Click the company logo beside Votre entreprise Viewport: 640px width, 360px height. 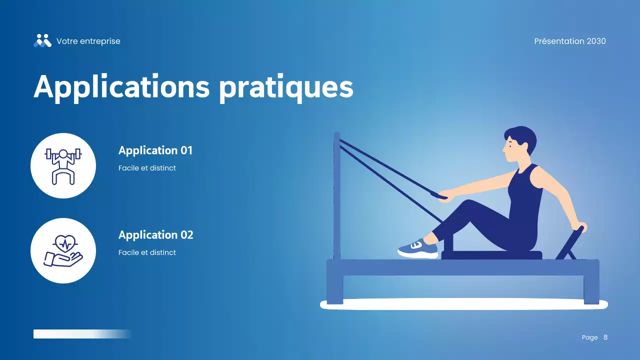[x=42, y=40]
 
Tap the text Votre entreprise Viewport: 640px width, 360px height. [x=88, y=41]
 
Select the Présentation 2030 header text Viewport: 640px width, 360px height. [x=570, y=41]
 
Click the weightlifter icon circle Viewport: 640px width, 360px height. [x=63, y=165]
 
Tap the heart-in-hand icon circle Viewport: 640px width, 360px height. [x=63, y=250]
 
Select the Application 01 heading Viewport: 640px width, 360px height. [x=155, y=150]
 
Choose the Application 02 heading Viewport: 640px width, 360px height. [x=156, y=234]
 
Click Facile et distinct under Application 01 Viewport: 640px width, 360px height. [x=147, y=168]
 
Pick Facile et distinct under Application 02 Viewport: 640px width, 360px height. [x=147, y=252]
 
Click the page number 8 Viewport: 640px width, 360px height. [x=605, y=337]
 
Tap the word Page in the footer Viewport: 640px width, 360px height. [x=590, y=337]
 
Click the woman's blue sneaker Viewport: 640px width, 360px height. [x=418, y=248]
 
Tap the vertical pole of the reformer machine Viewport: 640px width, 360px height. [x=337, y=195]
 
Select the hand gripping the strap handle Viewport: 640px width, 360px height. [x=443, y=195]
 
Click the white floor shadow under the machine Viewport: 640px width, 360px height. [x=463, y=304]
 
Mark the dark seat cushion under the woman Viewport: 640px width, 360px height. [x=491, y=255]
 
